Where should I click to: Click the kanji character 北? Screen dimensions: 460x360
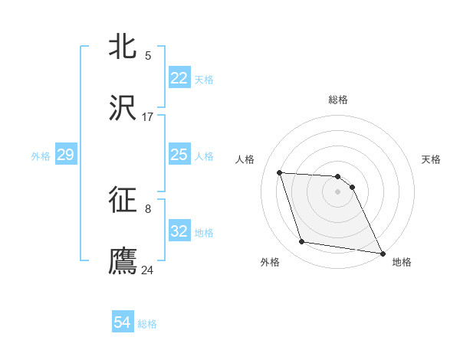tap(123, 45)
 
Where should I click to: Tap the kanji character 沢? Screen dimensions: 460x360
tap(123, 108)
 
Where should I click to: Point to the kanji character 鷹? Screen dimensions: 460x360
tap(123, 260)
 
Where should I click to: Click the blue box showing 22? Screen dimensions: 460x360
tap(179, 78)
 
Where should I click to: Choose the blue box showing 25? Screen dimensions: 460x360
tap(179, 155)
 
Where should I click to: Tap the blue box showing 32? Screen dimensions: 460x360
tap(179, 232)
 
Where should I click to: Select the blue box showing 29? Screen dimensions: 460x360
tap(65, 155)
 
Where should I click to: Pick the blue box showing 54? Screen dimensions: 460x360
tap(122, 322)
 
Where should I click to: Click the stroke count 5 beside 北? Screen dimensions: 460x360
tap(148, 55)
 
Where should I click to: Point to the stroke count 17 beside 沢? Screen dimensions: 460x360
tap(148, 117)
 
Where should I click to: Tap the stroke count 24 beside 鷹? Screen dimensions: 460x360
tap(148, 270)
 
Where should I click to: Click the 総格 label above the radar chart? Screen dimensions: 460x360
tap(338, 100)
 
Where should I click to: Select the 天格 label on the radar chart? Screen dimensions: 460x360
tap(432, 159)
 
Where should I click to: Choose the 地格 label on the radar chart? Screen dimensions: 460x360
tap(402, 262)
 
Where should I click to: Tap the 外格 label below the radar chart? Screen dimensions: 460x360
tap(270, 262)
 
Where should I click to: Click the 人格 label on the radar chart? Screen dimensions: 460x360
tap(246, 159)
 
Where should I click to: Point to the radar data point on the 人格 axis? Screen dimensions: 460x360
tap(280, 172)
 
